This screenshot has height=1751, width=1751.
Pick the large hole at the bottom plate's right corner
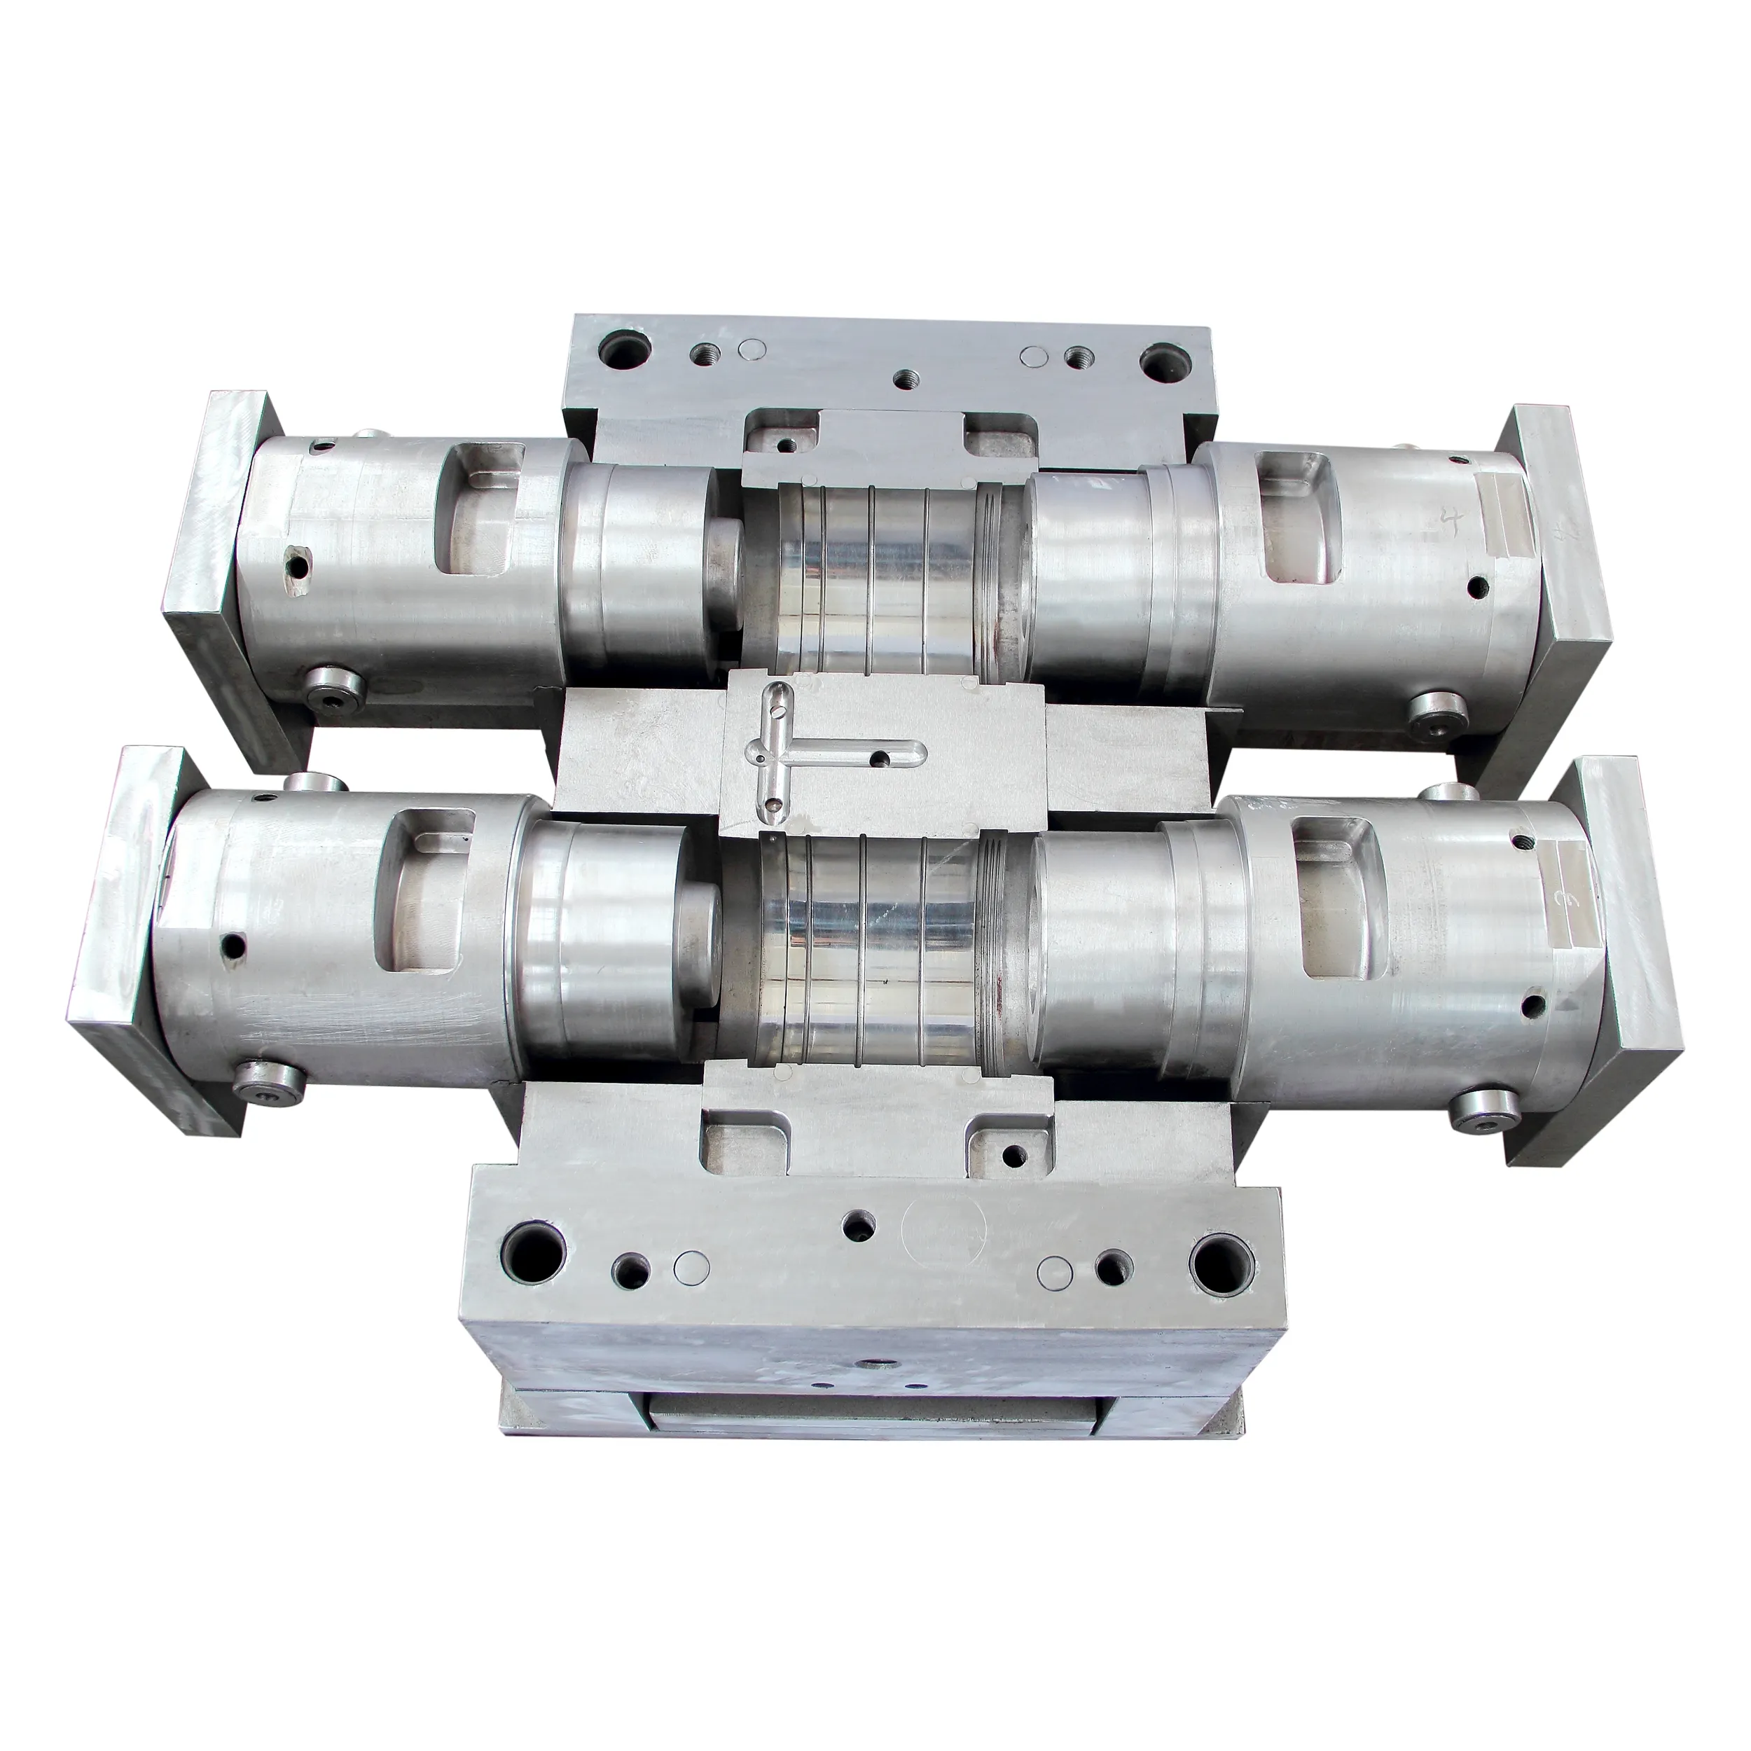(x=1219, y=1260)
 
